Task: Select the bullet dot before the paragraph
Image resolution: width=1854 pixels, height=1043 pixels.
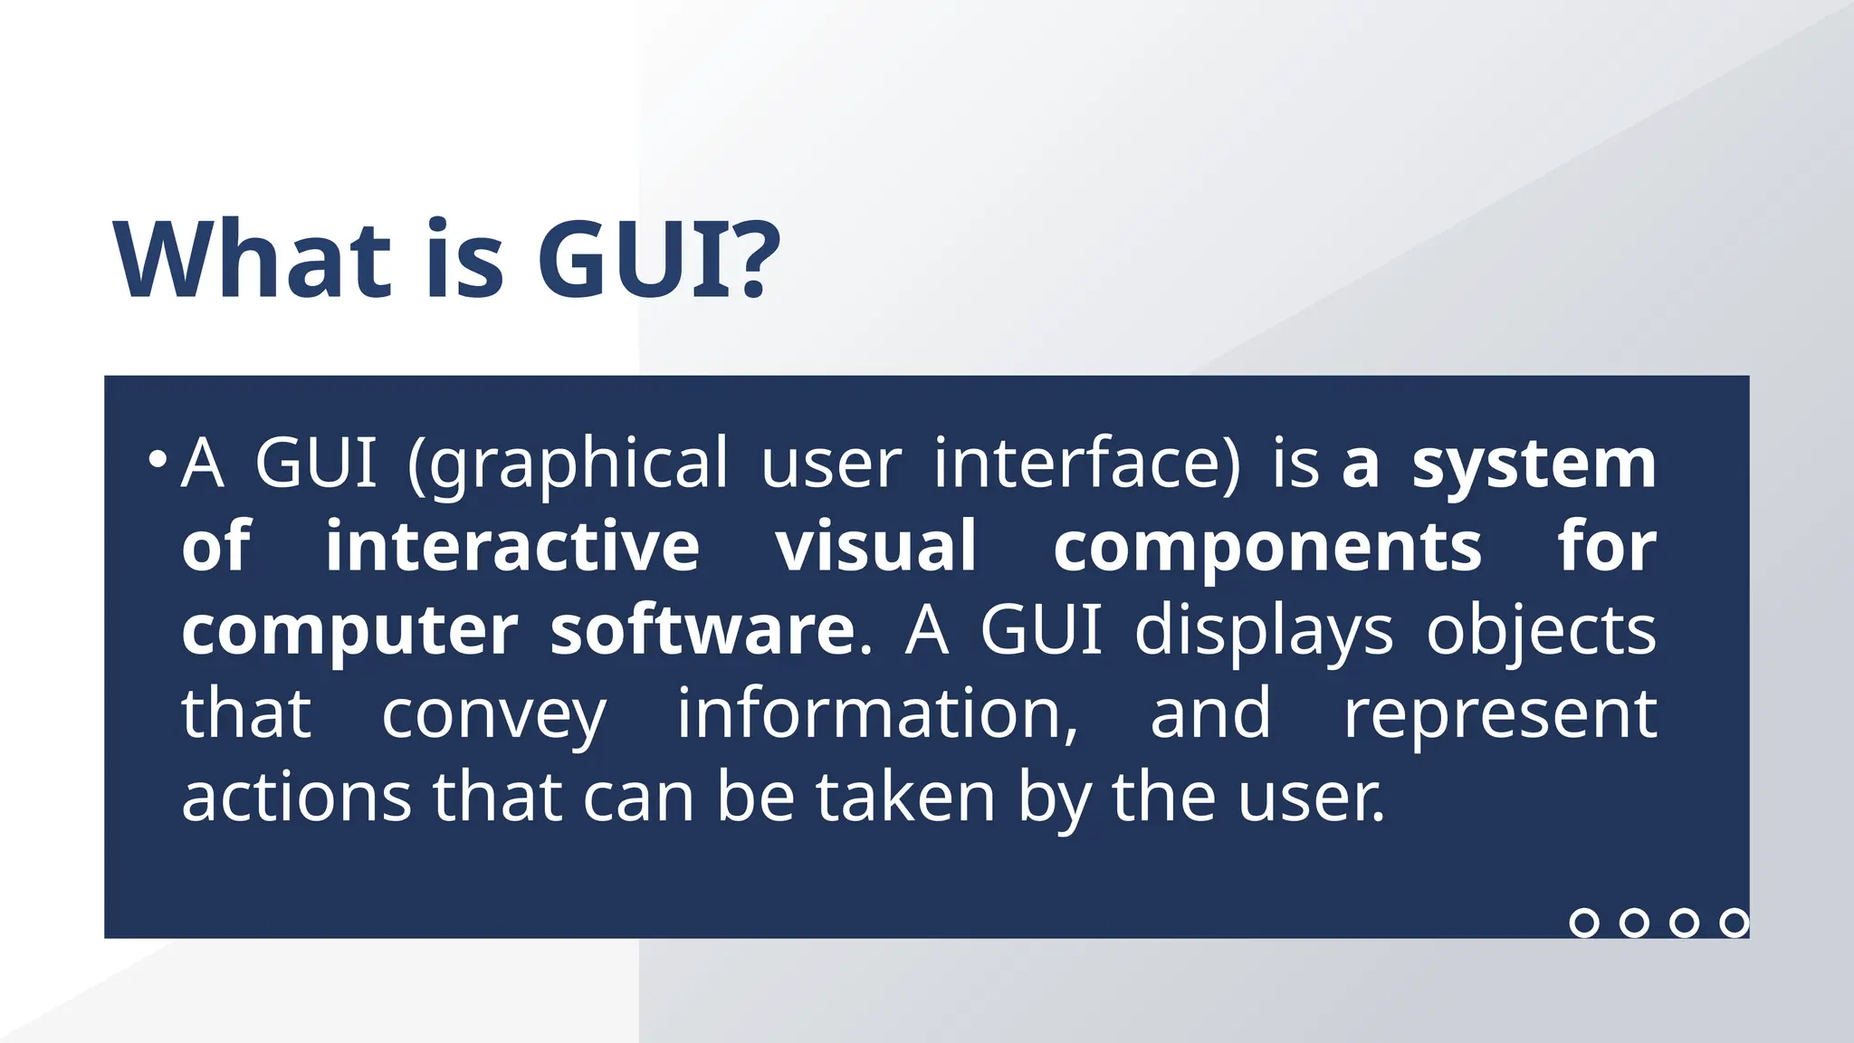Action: pos(158,459)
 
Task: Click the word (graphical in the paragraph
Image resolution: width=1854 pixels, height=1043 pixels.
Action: pos(568,464)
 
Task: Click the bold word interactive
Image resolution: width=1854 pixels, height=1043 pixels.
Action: pos(512,546)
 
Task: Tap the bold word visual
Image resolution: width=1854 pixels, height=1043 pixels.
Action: pos(875,546)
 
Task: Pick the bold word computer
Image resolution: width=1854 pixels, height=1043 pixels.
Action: pos(349,631)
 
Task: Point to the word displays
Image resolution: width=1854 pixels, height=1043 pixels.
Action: pos(1264,631)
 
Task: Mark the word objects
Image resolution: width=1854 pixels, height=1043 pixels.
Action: pos(1541,631)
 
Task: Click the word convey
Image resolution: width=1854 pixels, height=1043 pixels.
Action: pos(493,715)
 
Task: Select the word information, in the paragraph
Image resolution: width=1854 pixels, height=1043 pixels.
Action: pos(877,713)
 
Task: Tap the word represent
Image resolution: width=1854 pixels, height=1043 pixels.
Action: pos(1499,715)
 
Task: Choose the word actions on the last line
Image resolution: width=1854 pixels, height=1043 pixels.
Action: pos(296,797)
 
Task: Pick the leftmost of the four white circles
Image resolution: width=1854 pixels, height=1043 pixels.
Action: pos(1584,923)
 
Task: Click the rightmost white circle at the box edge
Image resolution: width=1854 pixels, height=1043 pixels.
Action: pos(1734,923)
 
